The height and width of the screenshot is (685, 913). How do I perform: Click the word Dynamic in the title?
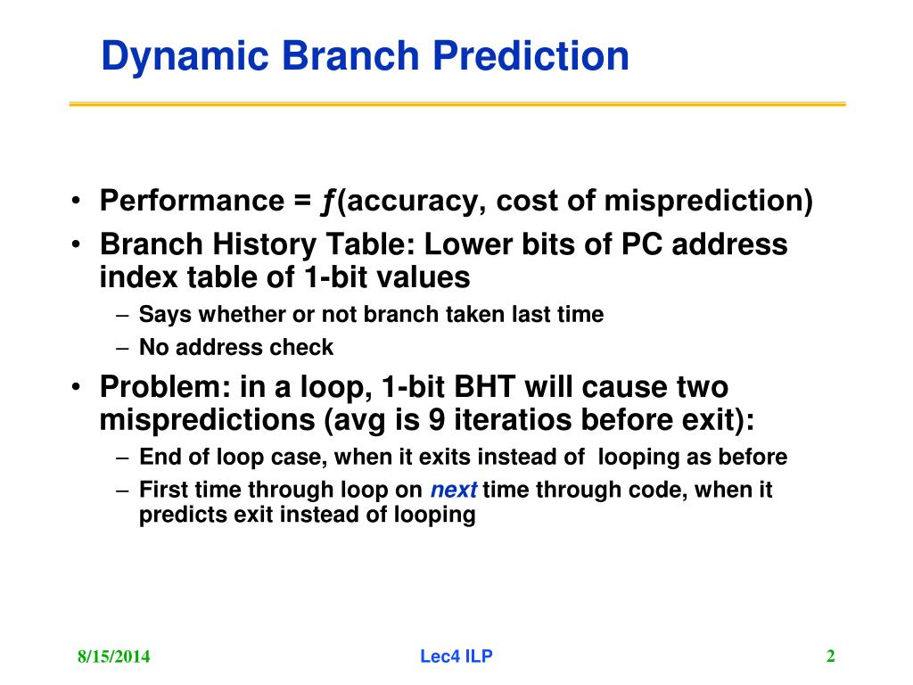point(185,57)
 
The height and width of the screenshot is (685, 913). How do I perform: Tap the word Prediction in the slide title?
point(531,55)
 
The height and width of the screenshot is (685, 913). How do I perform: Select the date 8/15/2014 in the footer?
point(113,656)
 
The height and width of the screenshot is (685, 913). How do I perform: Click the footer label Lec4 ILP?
point(456,656)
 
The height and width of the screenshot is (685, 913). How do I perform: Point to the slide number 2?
point(831,656)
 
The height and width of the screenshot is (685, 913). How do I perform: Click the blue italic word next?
point(454,490)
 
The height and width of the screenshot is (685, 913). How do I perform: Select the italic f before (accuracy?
point(328,202)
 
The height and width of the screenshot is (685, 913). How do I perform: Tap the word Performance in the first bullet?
point(193,201)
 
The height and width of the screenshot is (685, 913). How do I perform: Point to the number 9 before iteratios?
point(437,419)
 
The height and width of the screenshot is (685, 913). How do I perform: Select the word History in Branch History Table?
point(263,244)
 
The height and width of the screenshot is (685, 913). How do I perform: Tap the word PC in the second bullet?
point(642,244)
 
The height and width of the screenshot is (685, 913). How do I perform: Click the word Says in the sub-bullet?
point(165,315)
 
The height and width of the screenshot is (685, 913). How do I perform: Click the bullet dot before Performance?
point(76,201)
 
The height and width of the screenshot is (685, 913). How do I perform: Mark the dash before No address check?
point(121,349)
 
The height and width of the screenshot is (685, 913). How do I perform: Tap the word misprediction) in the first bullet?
point(709,201)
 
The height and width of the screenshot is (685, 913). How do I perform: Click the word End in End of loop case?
point(160,457)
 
